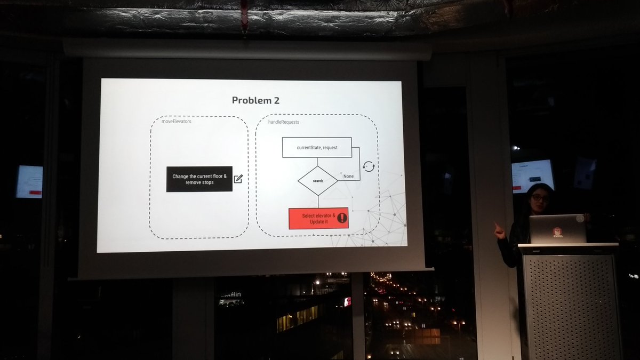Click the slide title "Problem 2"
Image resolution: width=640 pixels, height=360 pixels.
[x=255, y=100]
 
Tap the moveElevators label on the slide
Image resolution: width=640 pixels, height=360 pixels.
[x=176, y=122]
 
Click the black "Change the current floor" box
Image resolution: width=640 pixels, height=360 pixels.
[x=199, y=179]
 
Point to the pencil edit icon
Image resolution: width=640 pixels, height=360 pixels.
[x=238, y=179]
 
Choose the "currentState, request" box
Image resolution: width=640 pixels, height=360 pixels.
[x=317, y=147]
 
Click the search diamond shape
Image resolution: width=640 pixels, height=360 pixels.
[x=317, y=181]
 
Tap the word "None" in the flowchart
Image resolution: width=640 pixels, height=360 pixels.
[x=348, y=176]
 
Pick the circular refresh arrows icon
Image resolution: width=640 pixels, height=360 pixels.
[x=369, y=166]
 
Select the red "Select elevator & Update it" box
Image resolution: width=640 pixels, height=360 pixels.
[x=318, y=218]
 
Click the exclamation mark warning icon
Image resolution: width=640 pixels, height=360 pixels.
[x=342, y=218]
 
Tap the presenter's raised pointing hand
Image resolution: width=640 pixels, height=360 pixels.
[x=499, y=230]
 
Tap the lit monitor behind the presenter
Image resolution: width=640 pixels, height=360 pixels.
[x=532, y=175]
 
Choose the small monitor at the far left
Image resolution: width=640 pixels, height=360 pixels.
[x=29, y=181]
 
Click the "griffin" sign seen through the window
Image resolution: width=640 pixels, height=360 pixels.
[x=230, y=294]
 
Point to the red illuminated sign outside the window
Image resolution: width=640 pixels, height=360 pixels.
[x=348, y=302]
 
